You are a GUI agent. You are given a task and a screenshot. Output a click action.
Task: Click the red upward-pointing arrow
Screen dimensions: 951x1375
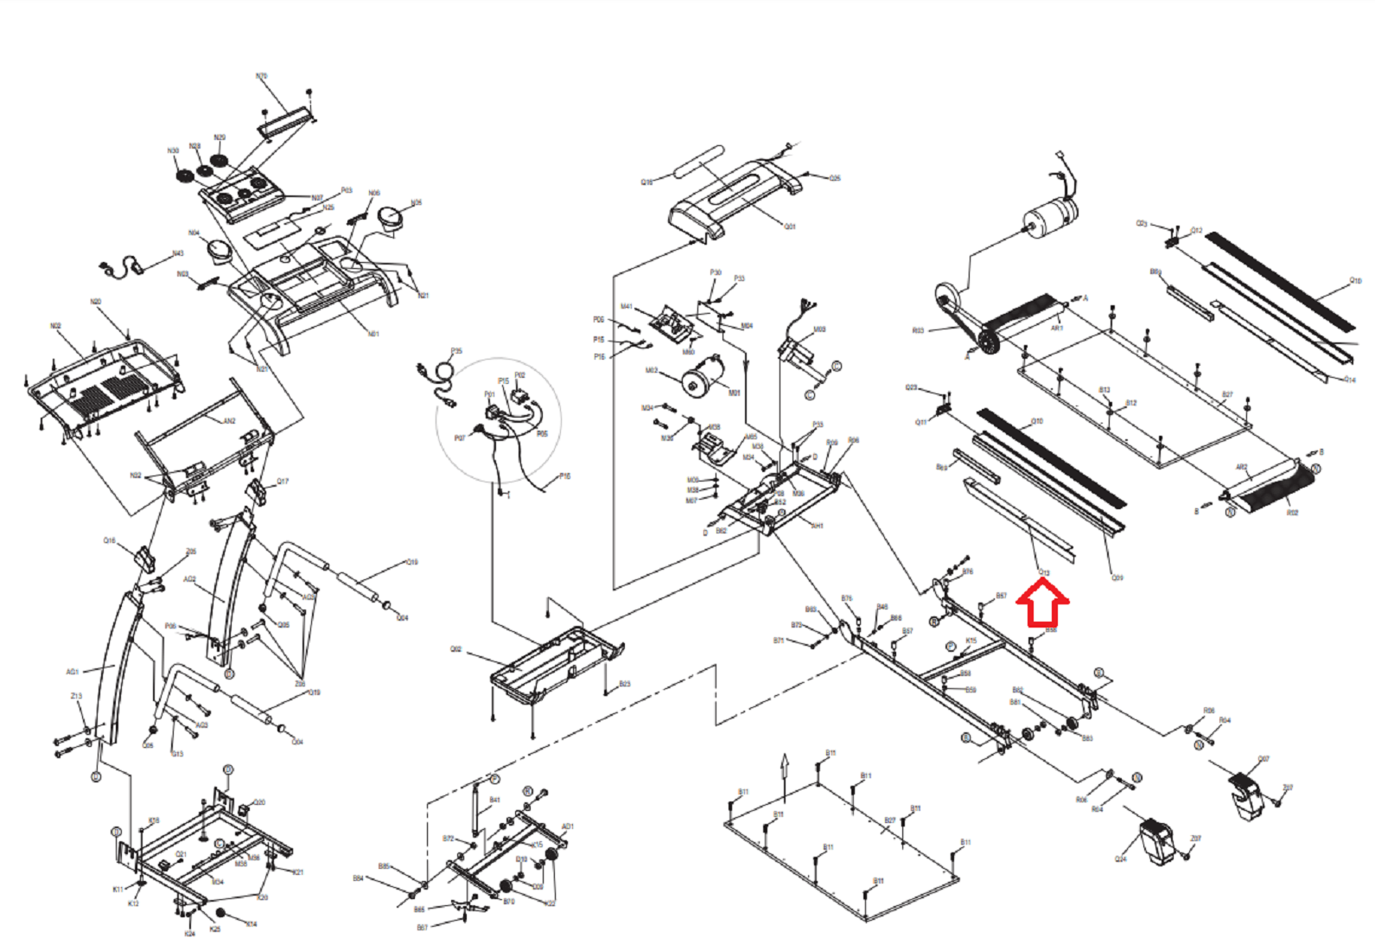[1043, 603]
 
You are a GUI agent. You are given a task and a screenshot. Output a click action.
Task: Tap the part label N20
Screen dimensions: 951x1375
[95, 302]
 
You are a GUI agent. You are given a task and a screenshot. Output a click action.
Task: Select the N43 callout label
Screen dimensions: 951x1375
[177, 253]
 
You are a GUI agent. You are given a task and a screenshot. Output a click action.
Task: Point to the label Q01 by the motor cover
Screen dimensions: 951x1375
[789, 227]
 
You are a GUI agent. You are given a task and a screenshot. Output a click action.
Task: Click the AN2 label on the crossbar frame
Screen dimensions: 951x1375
[229, 421]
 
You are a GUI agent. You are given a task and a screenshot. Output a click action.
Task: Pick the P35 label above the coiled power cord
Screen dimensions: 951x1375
[456, 351]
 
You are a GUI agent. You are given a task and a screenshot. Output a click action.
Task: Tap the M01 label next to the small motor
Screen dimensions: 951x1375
[734, 393]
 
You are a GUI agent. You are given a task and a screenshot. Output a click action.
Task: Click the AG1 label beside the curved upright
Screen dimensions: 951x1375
[73, 672]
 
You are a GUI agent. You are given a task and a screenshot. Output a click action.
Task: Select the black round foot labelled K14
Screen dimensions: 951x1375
[221, 913]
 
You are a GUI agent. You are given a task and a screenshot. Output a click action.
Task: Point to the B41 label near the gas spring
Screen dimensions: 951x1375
[494, 800]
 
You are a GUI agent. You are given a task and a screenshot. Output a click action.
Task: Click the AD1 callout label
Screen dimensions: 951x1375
[567, 827]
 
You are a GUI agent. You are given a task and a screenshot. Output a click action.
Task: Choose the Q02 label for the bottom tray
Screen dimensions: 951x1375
[455, 649]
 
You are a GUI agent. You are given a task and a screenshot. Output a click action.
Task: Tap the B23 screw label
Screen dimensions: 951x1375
[624, 684]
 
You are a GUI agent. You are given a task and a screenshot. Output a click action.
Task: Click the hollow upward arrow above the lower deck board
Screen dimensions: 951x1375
[784, 764]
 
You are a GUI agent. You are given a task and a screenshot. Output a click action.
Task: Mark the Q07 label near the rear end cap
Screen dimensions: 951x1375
[1264, 759]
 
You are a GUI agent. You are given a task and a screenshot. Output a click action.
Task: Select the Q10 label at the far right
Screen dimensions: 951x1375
[1355, 281]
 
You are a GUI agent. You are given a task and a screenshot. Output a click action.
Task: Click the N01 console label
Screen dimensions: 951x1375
[373, 334]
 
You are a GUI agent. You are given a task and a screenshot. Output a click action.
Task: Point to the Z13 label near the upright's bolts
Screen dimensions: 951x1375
[76, 696]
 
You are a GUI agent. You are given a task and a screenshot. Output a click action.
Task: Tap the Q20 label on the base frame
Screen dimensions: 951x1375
[259, 802]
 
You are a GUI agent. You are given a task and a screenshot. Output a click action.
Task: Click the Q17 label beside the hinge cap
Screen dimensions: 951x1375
[283, 482]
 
